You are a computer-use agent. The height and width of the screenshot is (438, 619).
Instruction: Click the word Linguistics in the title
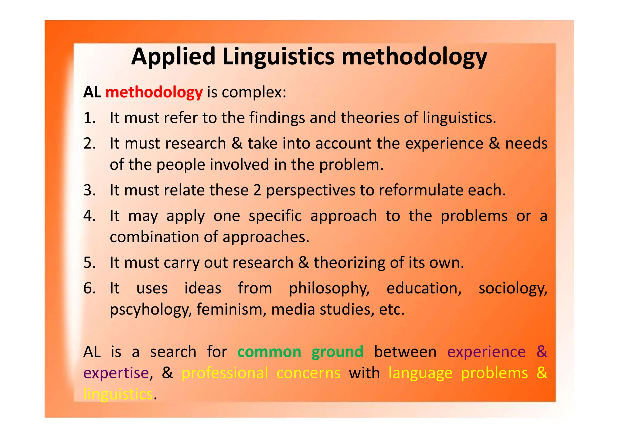[278, 57]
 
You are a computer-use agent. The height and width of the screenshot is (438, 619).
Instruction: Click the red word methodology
[154, 92]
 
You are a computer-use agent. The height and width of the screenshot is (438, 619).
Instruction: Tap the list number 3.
[89, 190]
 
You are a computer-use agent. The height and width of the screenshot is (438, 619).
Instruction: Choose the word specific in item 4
[275, 216]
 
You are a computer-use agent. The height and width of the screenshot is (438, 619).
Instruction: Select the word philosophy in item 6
[329, 288]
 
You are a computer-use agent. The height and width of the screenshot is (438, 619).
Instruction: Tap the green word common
[269, 352]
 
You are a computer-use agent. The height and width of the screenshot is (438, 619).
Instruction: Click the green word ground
[337, 352]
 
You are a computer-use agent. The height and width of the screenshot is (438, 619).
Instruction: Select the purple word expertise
[116, 373]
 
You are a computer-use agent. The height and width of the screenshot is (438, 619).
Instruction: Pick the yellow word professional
[225, 373]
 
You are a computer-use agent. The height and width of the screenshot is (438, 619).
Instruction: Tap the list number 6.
[89, 288]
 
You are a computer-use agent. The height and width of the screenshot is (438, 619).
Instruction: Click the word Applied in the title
[173, 57]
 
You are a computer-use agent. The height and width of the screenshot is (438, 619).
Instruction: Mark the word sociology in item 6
[513, 288]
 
